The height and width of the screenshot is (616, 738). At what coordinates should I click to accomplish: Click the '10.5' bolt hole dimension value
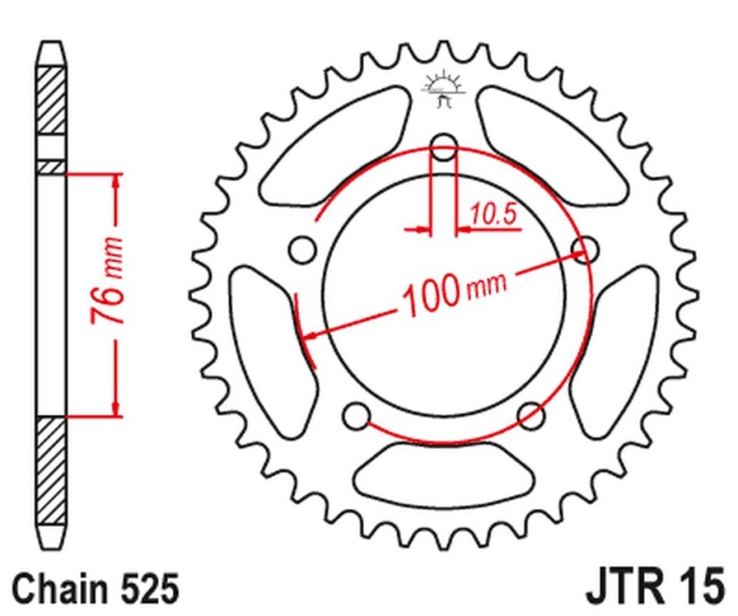(492, 214)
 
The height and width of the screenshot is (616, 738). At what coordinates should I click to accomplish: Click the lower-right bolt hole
(530, 414)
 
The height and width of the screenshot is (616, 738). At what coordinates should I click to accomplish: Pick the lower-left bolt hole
(353, 416)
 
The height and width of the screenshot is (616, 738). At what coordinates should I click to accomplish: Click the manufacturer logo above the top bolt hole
(445, 87)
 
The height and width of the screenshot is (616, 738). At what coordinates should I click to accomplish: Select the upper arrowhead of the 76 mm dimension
(115, 181)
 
